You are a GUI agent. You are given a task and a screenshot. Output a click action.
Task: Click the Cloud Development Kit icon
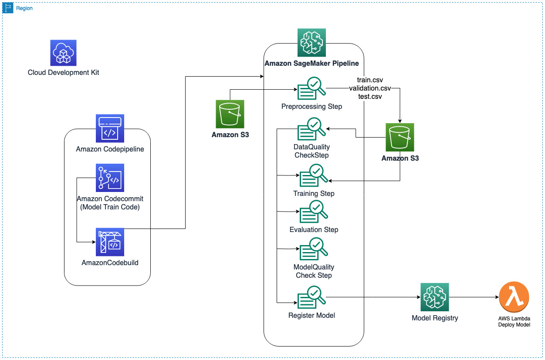pyautogui.click(x=63, y=53)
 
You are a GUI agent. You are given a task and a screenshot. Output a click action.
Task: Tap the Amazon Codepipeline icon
pyautogui.click(x=110, y=128)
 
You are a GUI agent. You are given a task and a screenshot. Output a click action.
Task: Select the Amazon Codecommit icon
pyautogui.click(x=110, y=178)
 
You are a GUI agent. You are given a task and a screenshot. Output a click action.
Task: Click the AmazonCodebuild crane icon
pyautogui.click(x=110, y=242)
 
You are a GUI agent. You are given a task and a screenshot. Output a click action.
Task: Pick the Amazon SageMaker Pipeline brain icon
pyautogui.click(x=311, y=43)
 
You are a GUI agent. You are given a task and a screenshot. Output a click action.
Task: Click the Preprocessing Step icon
pyautogui.click(x=311, y=88)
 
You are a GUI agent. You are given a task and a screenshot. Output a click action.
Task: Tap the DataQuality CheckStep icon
pyautogui.click(x=311, y=129)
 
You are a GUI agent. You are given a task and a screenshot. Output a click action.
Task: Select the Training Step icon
pyautogui.click(x=314, y=175)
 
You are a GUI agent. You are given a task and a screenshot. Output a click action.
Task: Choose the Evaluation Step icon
pyautogui.click(x=314, y=212)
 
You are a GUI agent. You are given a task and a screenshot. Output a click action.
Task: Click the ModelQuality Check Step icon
pyautogui.click(x=314, y=249)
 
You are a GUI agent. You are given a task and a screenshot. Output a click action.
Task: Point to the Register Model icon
pyautogui.click(x=311, y=297)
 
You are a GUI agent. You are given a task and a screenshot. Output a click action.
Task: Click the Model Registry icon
pyautogui.click(x=434, y=297)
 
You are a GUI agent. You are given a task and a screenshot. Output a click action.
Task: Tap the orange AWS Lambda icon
pyautogui.click(x=514, y=297)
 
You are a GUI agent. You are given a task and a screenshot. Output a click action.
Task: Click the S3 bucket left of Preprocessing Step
pyautogui.click(x=230, y=114)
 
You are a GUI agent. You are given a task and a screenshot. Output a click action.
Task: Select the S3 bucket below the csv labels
pyautogui.click(x=400, y=137)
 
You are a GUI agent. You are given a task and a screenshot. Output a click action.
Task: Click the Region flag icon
pyautogui.click(x=8, y=8)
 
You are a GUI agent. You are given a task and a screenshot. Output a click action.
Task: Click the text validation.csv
pyautogui.click(x=370, y=88)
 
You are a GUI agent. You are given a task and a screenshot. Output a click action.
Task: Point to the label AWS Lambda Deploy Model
pyautogui.click(x=514, y=322)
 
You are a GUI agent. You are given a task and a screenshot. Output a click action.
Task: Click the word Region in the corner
pyautogui.click(x=24, y=8)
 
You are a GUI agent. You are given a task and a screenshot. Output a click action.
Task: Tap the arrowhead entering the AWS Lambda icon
pyautogui.click(x=497, y=297)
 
